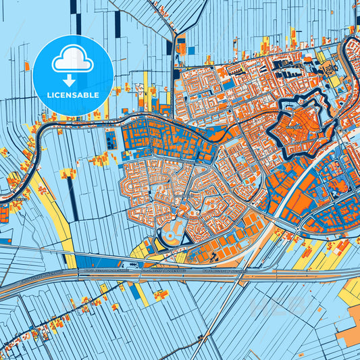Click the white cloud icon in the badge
point(72,61)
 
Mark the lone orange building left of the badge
point(28,66)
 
